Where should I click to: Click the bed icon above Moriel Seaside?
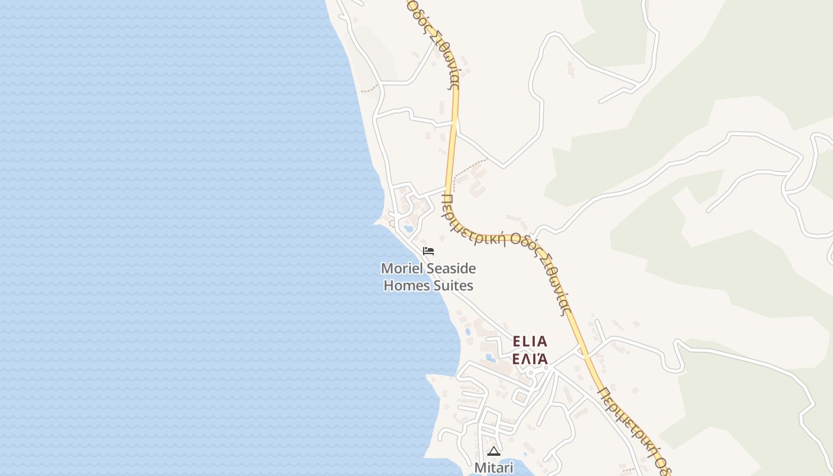point(428,251)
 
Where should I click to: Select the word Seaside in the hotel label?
point(451,269)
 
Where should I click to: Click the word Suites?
point(453,286)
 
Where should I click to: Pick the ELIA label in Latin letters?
point(530,342)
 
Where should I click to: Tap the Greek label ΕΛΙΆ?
point(530,359)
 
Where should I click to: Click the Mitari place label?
point(493,468)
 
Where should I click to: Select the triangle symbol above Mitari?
point(493,452)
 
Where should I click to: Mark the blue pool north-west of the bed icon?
point(408,227)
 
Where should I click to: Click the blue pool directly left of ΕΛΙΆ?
point(491,358)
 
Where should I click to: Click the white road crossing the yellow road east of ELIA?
point(585,355)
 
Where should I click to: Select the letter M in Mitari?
point(480,468)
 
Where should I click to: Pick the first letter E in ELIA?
point(516,342)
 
